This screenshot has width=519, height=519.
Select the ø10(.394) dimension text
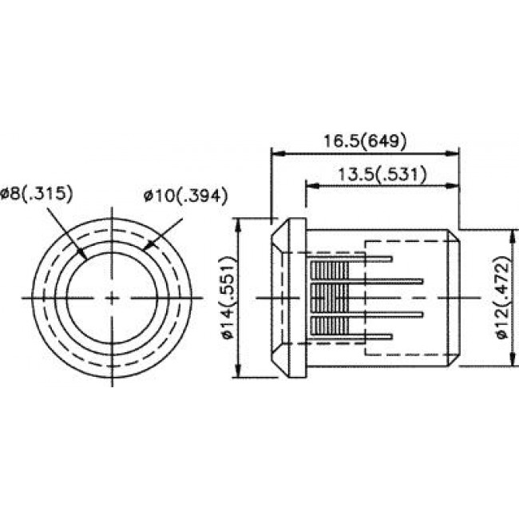(186, 195)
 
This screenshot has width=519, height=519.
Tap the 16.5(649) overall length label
(365, 141)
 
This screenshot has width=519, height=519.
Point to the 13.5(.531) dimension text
(381, 173)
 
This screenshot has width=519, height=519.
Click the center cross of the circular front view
(111, 298)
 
